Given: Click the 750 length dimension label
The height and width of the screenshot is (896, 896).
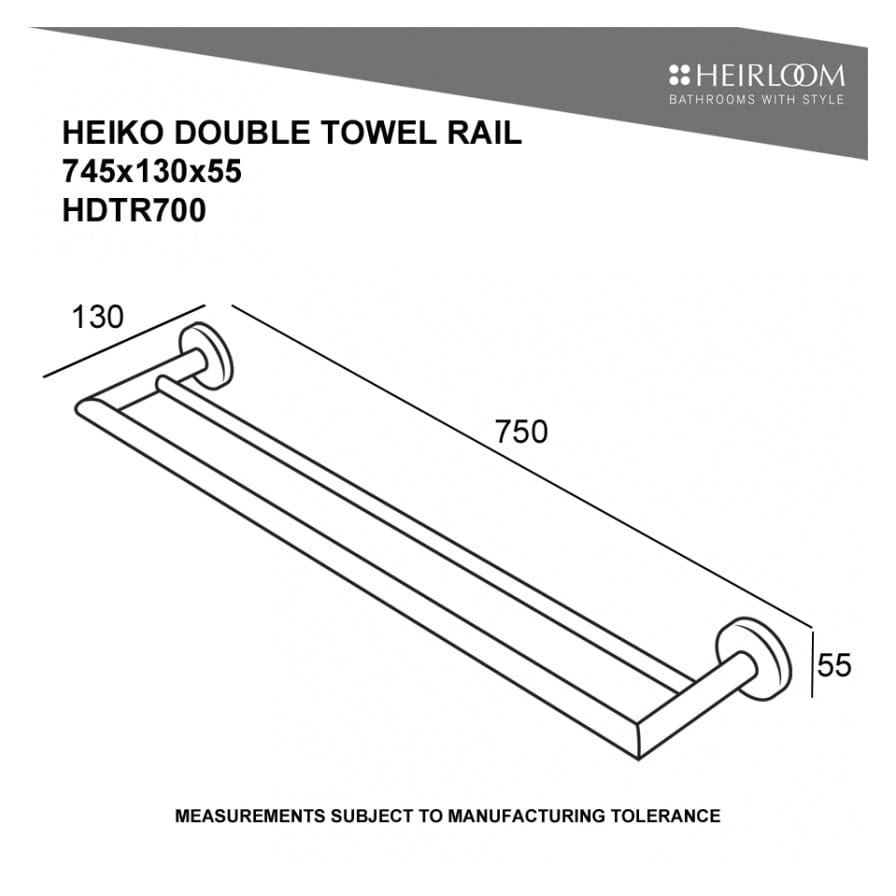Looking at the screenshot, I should pos(522,432).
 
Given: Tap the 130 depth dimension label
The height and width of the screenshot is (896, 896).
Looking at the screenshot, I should pos(97,317).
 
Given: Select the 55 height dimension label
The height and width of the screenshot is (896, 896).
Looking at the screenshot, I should pos(834,664).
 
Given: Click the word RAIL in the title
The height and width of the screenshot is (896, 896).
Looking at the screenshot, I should pos(487,134).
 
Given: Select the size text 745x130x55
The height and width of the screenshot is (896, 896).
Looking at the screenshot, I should pos(152,172).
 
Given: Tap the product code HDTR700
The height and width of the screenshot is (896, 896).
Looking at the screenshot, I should pos(134,210).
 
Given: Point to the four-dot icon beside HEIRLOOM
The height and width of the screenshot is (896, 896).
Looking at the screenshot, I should pos(680,75).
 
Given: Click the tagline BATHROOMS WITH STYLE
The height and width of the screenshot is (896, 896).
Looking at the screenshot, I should pos(756,99).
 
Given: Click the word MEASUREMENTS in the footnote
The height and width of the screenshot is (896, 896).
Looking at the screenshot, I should pos(247,816).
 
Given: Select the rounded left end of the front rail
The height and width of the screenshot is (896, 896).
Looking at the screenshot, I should pos(85,409).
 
